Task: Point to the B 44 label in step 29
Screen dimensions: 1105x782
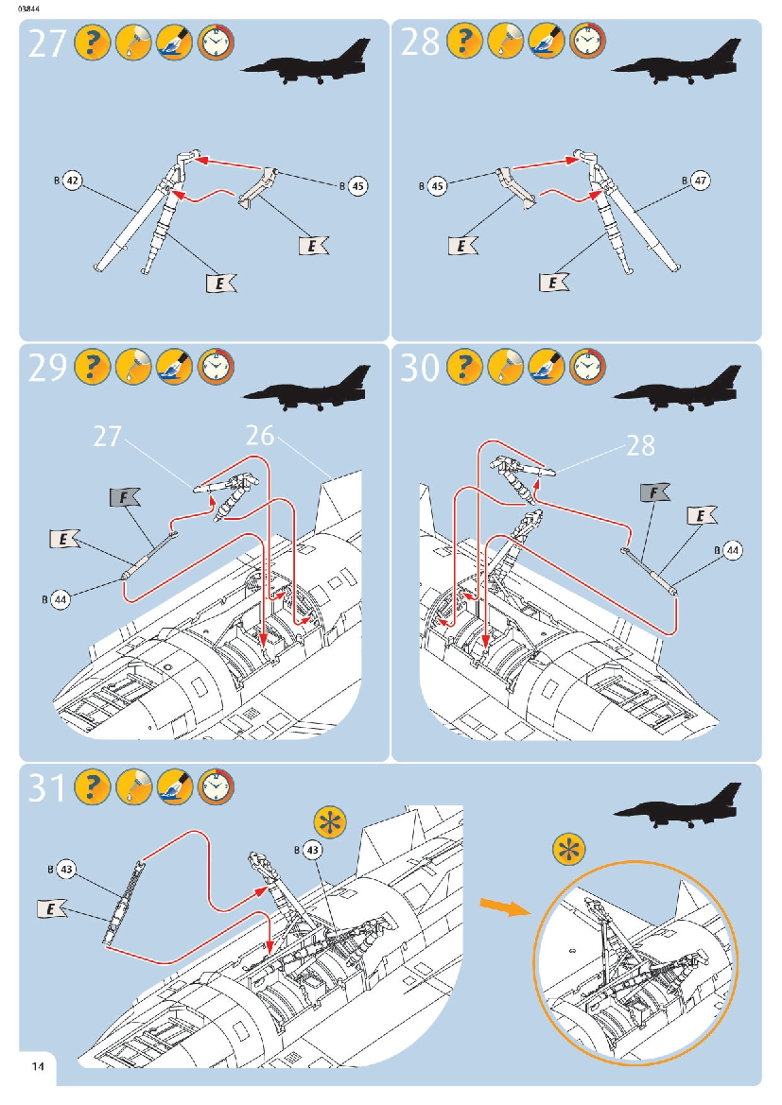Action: (x=60, y=598)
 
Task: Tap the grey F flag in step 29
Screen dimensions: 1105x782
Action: (x=125, y=496)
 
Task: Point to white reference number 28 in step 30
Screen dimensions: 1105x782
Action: (x=640, y=444)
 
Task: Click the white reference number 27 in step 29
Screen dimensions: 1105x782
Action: (x=109, y=437)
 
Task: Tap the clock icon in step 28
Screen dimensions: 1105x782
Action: (x=587, y=42)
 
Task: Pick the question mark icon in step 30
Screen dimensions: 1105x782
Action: (x=464, y=367)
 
